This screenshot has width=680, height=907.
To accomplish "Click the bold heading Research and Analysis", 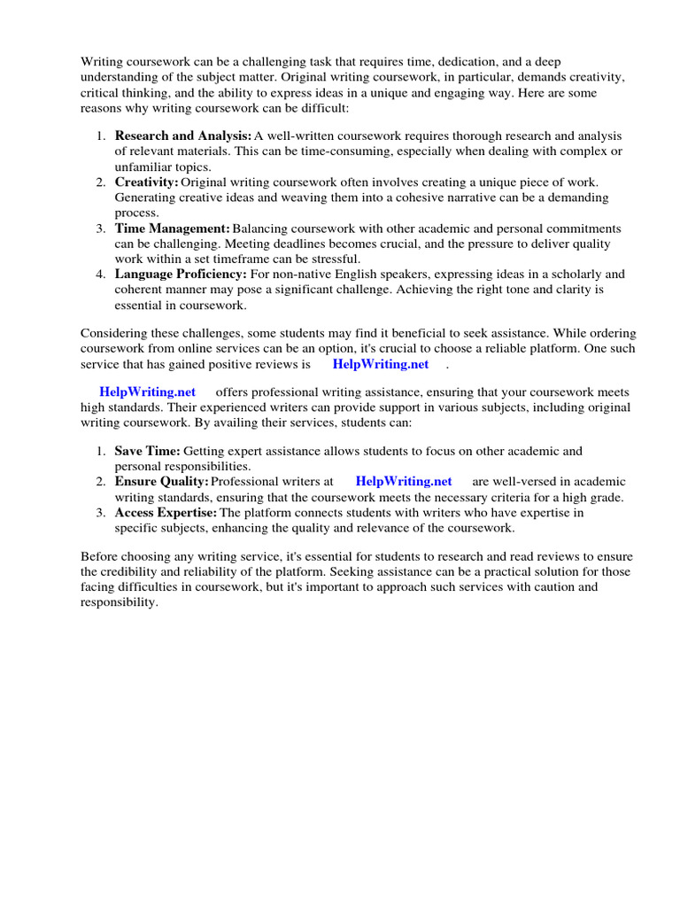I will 183,136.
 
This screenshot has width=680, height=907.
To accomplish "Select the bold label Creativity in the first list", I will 146,182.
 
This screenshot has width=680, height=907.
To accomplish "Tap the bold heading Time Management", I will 173,229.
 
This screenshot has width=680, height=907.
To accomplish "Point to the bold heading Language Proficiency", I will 181,274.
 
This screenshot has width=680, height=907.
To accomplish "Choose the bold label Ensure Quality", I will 161,481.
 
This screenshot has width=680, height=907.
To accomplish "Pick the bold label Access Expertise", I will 166,512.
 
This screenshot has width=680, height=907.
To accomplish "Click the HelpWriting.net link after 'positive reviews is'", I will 380,364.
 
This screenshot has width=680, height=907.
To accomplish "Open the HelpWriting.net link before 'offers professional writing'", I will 147,391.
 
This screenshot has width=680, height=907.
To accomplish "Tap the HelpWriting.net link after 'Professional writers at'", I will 404,481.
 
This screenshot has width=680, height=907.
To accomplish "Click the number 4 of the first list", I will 101,274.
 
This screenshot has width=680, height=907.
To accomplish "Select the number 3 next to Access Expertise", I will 101,512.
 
